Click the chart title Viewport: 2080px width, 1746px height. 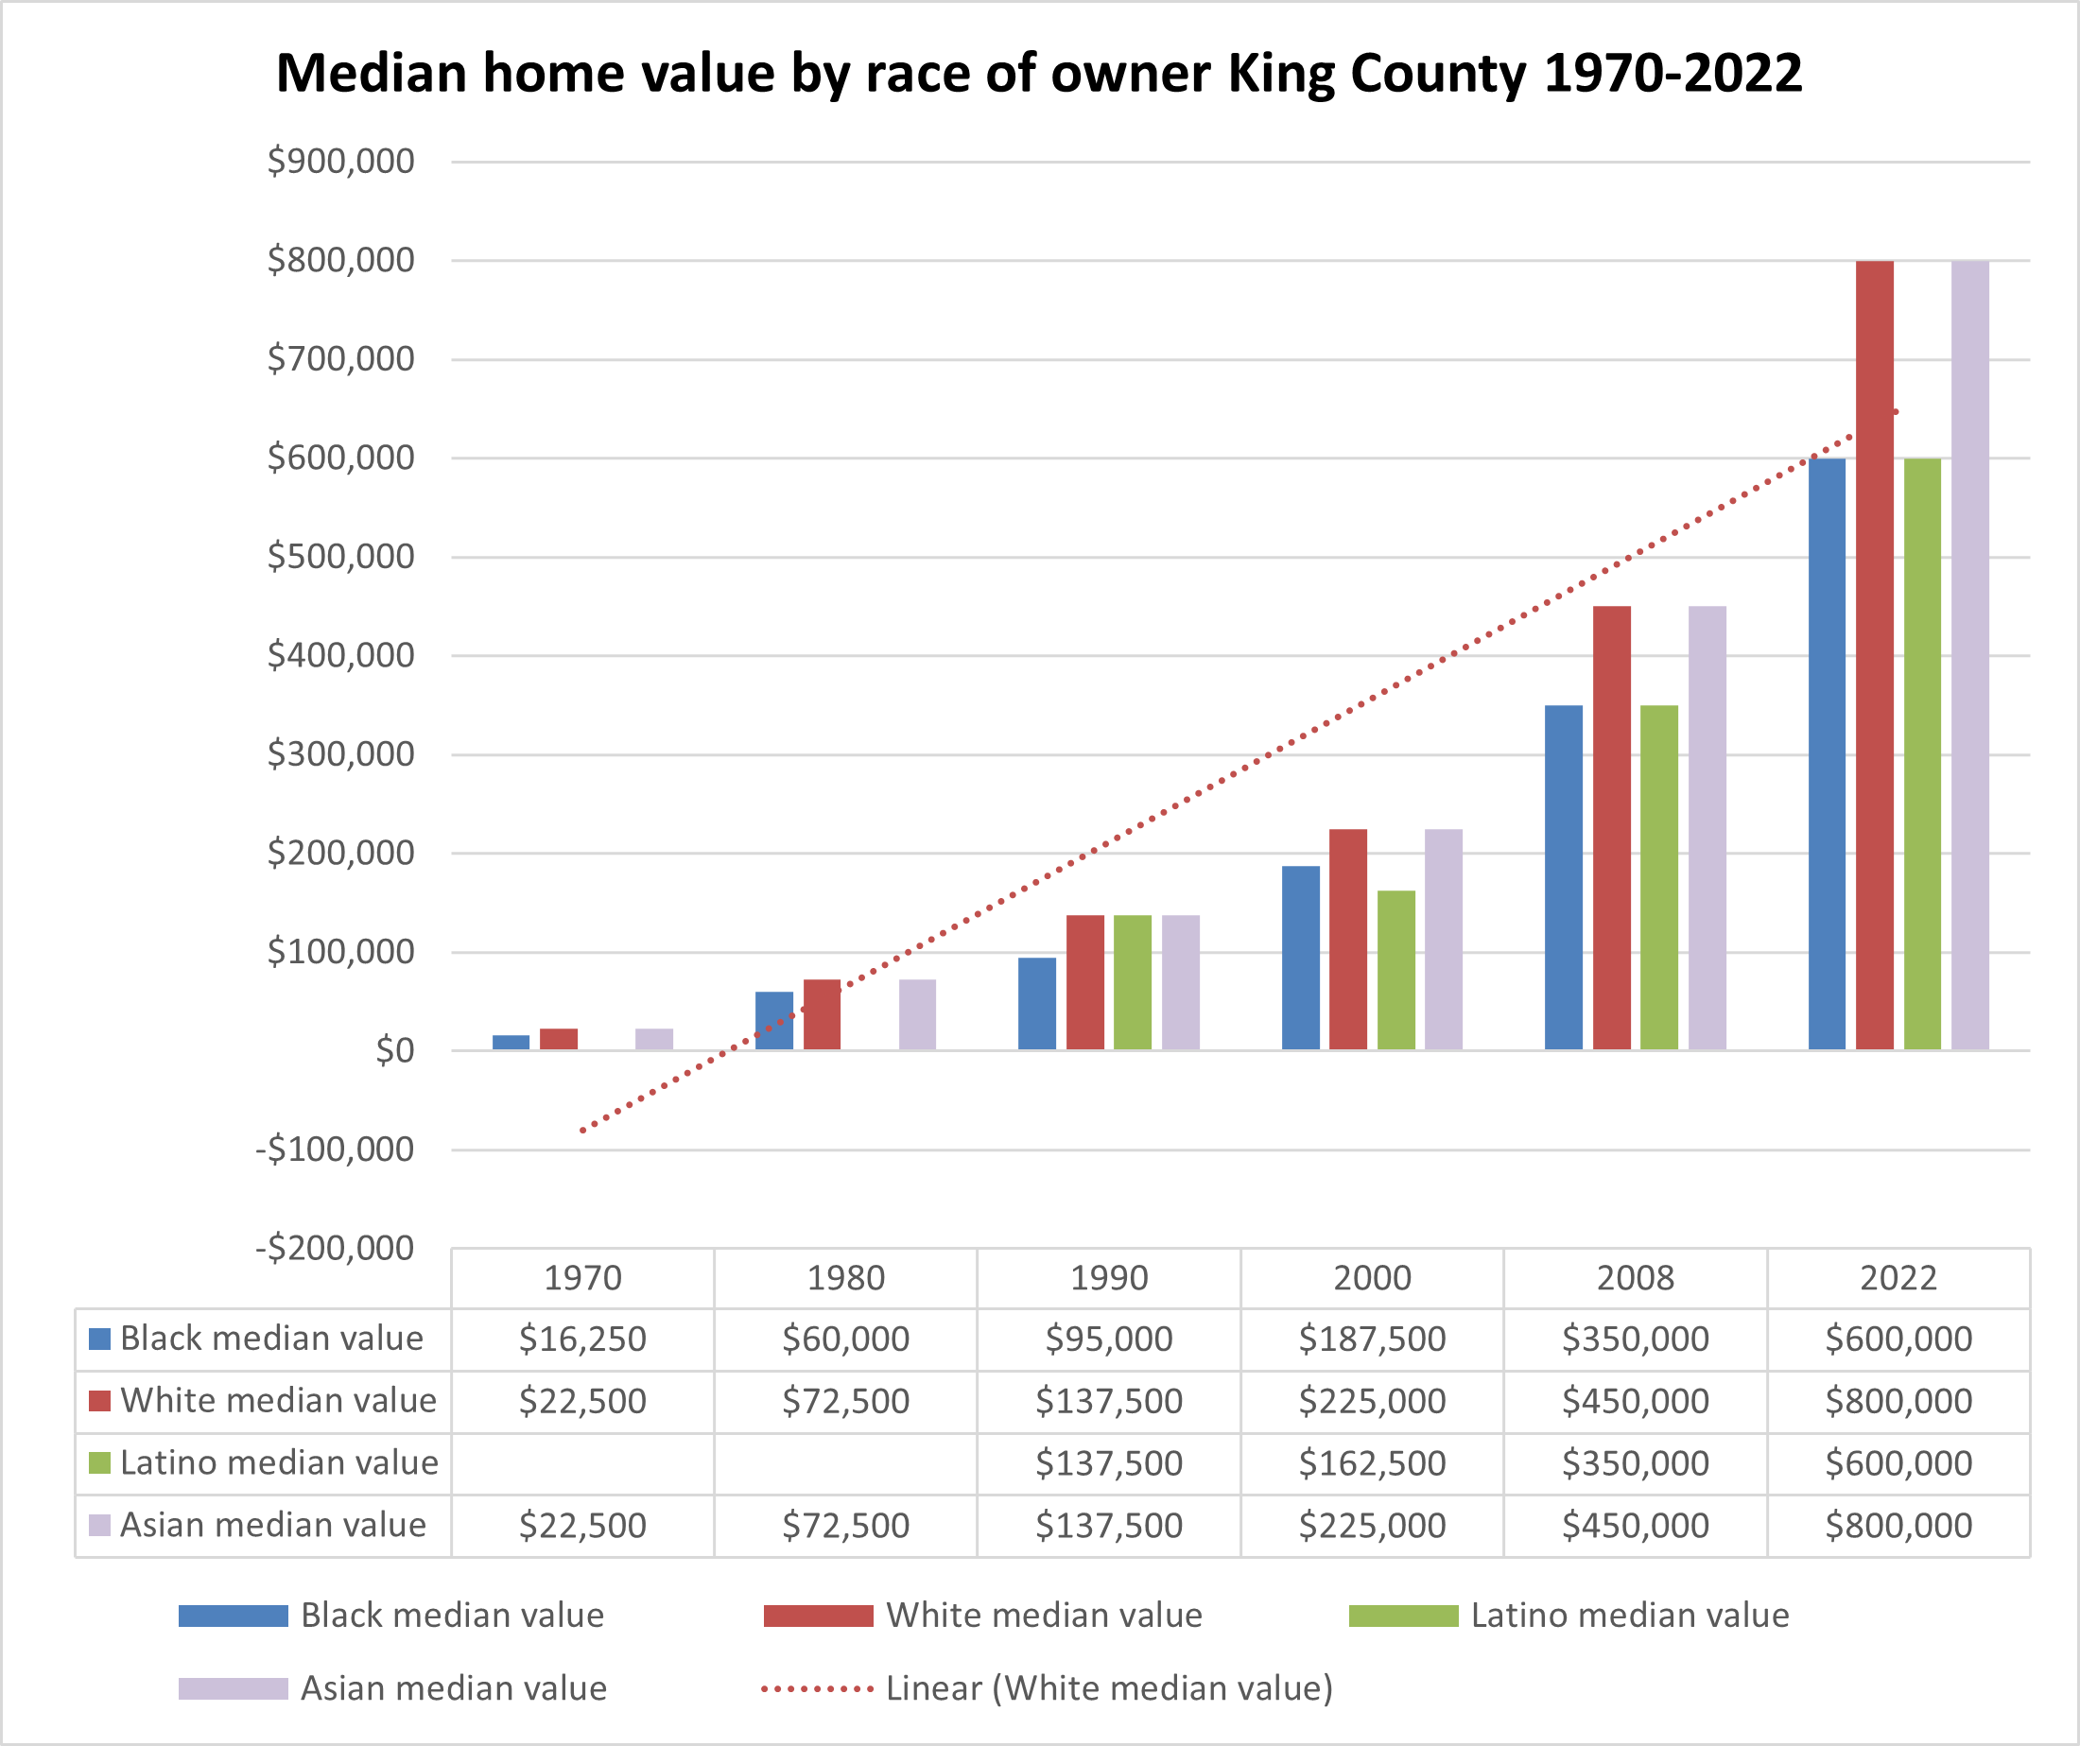click(1038, 74)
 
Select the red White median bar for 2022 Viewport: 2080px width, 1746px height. click(1874, 653)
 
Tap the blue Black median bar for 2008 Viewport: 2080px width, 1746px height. click(1563, 876)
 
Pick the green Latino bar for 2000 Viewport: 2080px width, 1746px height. click(1395, 970)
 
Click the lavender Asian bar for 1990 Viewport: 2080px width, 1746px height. click(1180, 981)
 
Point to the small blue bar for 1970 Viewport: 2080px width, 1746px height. click(511, 1042)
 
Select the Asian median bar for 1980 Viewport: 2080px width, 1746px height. click(917, 1014)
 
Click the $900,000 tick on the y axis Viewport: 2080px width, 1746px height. click(339, 162)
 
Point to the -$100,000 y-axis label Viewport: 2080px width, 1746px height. click(334, 1150)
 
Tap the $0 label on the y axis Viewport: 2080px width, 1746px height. click(394, 1051)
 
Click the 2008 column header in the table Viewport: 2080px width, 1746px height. click(1635, 1277)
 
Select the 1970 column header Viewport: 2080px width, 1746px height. click(582, 1277)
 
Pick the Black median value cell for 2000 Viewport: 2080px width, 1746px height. click(1372, 1339)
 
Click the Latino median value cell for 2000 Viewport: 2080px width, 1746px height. click(1372, 1462)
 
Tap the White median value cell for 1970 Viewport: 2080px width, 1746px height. click(582, 1401)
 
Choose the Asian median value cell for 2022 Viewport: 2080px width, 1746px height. click(1898, 1525)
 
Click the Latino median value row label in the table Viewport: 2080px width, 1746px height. click(278, 1462)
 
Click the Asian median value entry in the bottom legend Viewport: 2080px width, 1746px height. click(453, 1687)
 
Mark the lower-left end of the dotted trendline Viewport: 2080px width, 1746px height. click(582, 1130)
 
